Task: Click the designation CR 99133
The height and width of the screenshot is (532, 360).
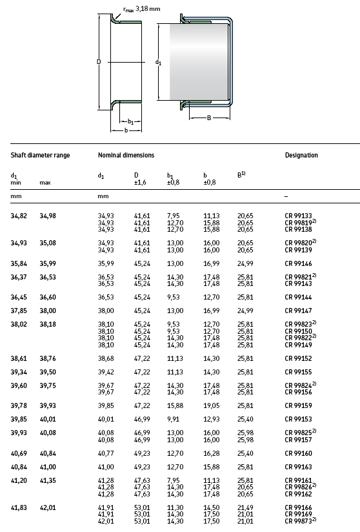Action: click(298, 215)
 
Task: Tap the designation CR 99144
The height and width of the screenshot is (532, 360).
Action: click(298, 298)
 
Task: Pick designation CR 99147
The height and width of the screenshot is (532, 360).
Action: click(298, 310)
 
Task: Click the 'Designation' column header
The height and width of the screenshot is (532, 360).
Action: click(301, 155)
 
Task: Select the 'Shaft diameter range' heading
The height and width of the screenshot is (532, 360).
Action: click(40, 155)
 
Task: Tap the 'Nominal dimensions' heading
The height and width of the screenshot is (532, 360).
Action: click(126, 155)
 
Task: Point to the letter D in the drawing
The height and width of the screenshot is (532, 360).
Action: click(99, 62)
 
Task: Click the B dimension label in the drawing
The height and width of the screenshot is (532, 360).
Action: click(209, 118)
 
